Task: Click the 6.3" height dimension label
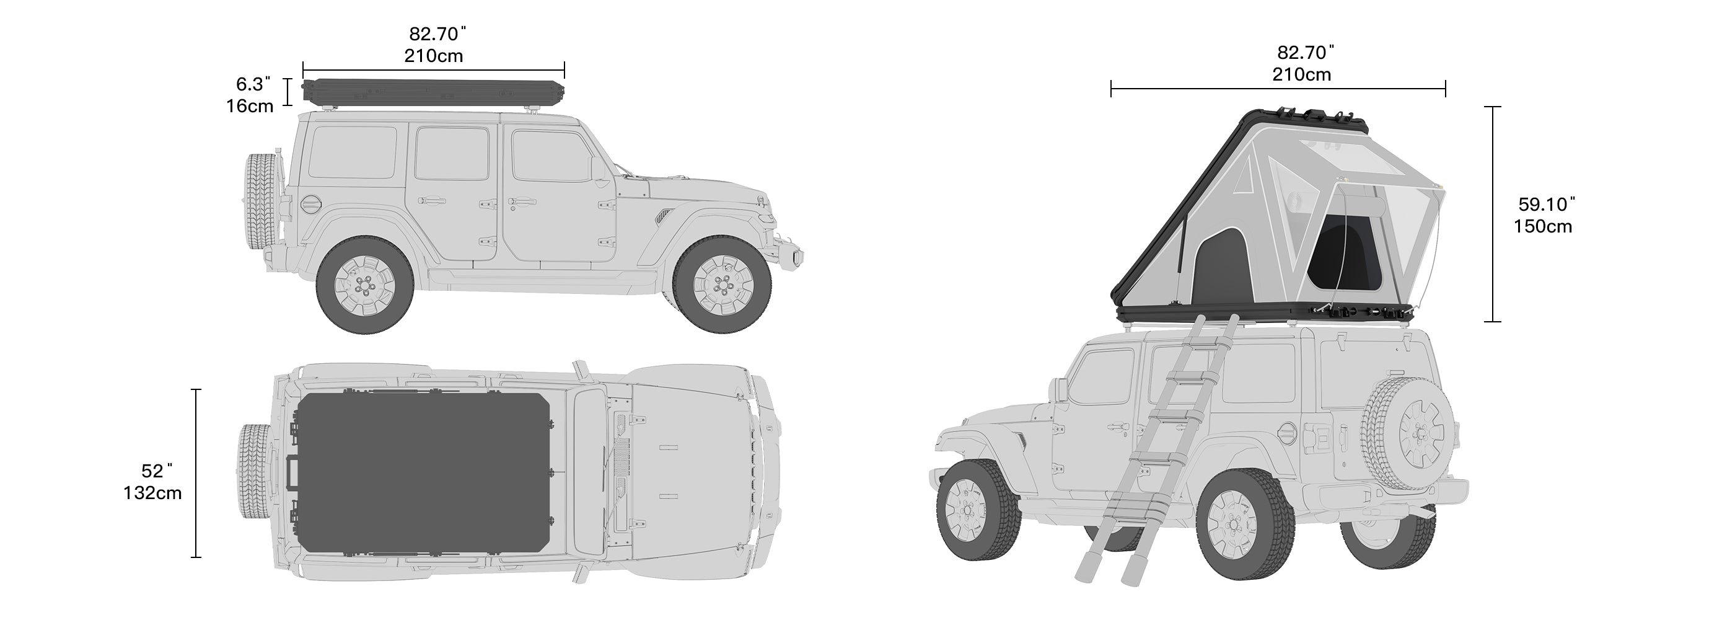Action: pos(253,84)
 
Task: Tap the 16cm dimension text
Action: pos(250,106)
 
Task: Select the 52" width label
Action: pos(157,471)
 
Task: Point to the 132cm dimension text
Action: pos(152,494)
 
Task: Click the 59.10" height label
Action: pos(1547,204)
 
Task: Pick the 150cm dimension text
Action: pos(1543,226)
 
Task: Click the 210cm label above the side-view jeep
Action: pos(434,55)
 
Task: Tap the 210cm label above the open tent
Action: pos(1301,74)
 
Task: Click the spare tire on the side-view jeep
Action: pos(260,202)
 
